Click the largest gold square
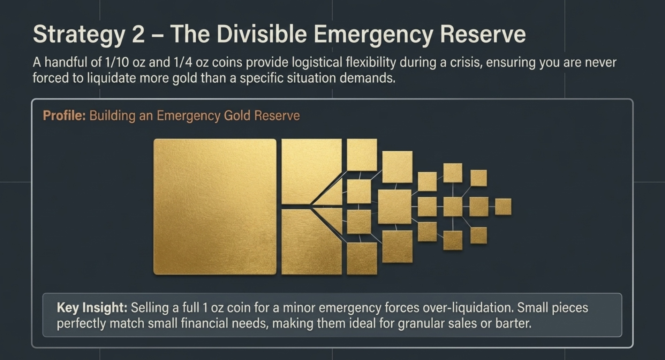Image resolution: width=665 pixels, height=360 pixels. coord(215,207)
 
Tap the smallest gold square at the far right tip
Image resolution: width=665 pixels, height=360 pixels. coord(503,207)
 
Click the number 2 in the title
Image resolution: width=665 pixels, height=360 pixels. coord(138,34)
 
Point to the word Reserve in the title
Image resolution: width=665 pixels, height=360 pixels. coord(483,34)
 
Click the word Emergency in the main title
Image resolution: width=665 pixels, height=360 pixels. coord(373,34)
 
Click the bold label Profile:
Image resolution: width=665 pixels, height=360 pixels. coord(64,115)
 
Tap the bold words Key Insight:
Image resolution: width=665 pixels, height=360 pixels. coord(92,308)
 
